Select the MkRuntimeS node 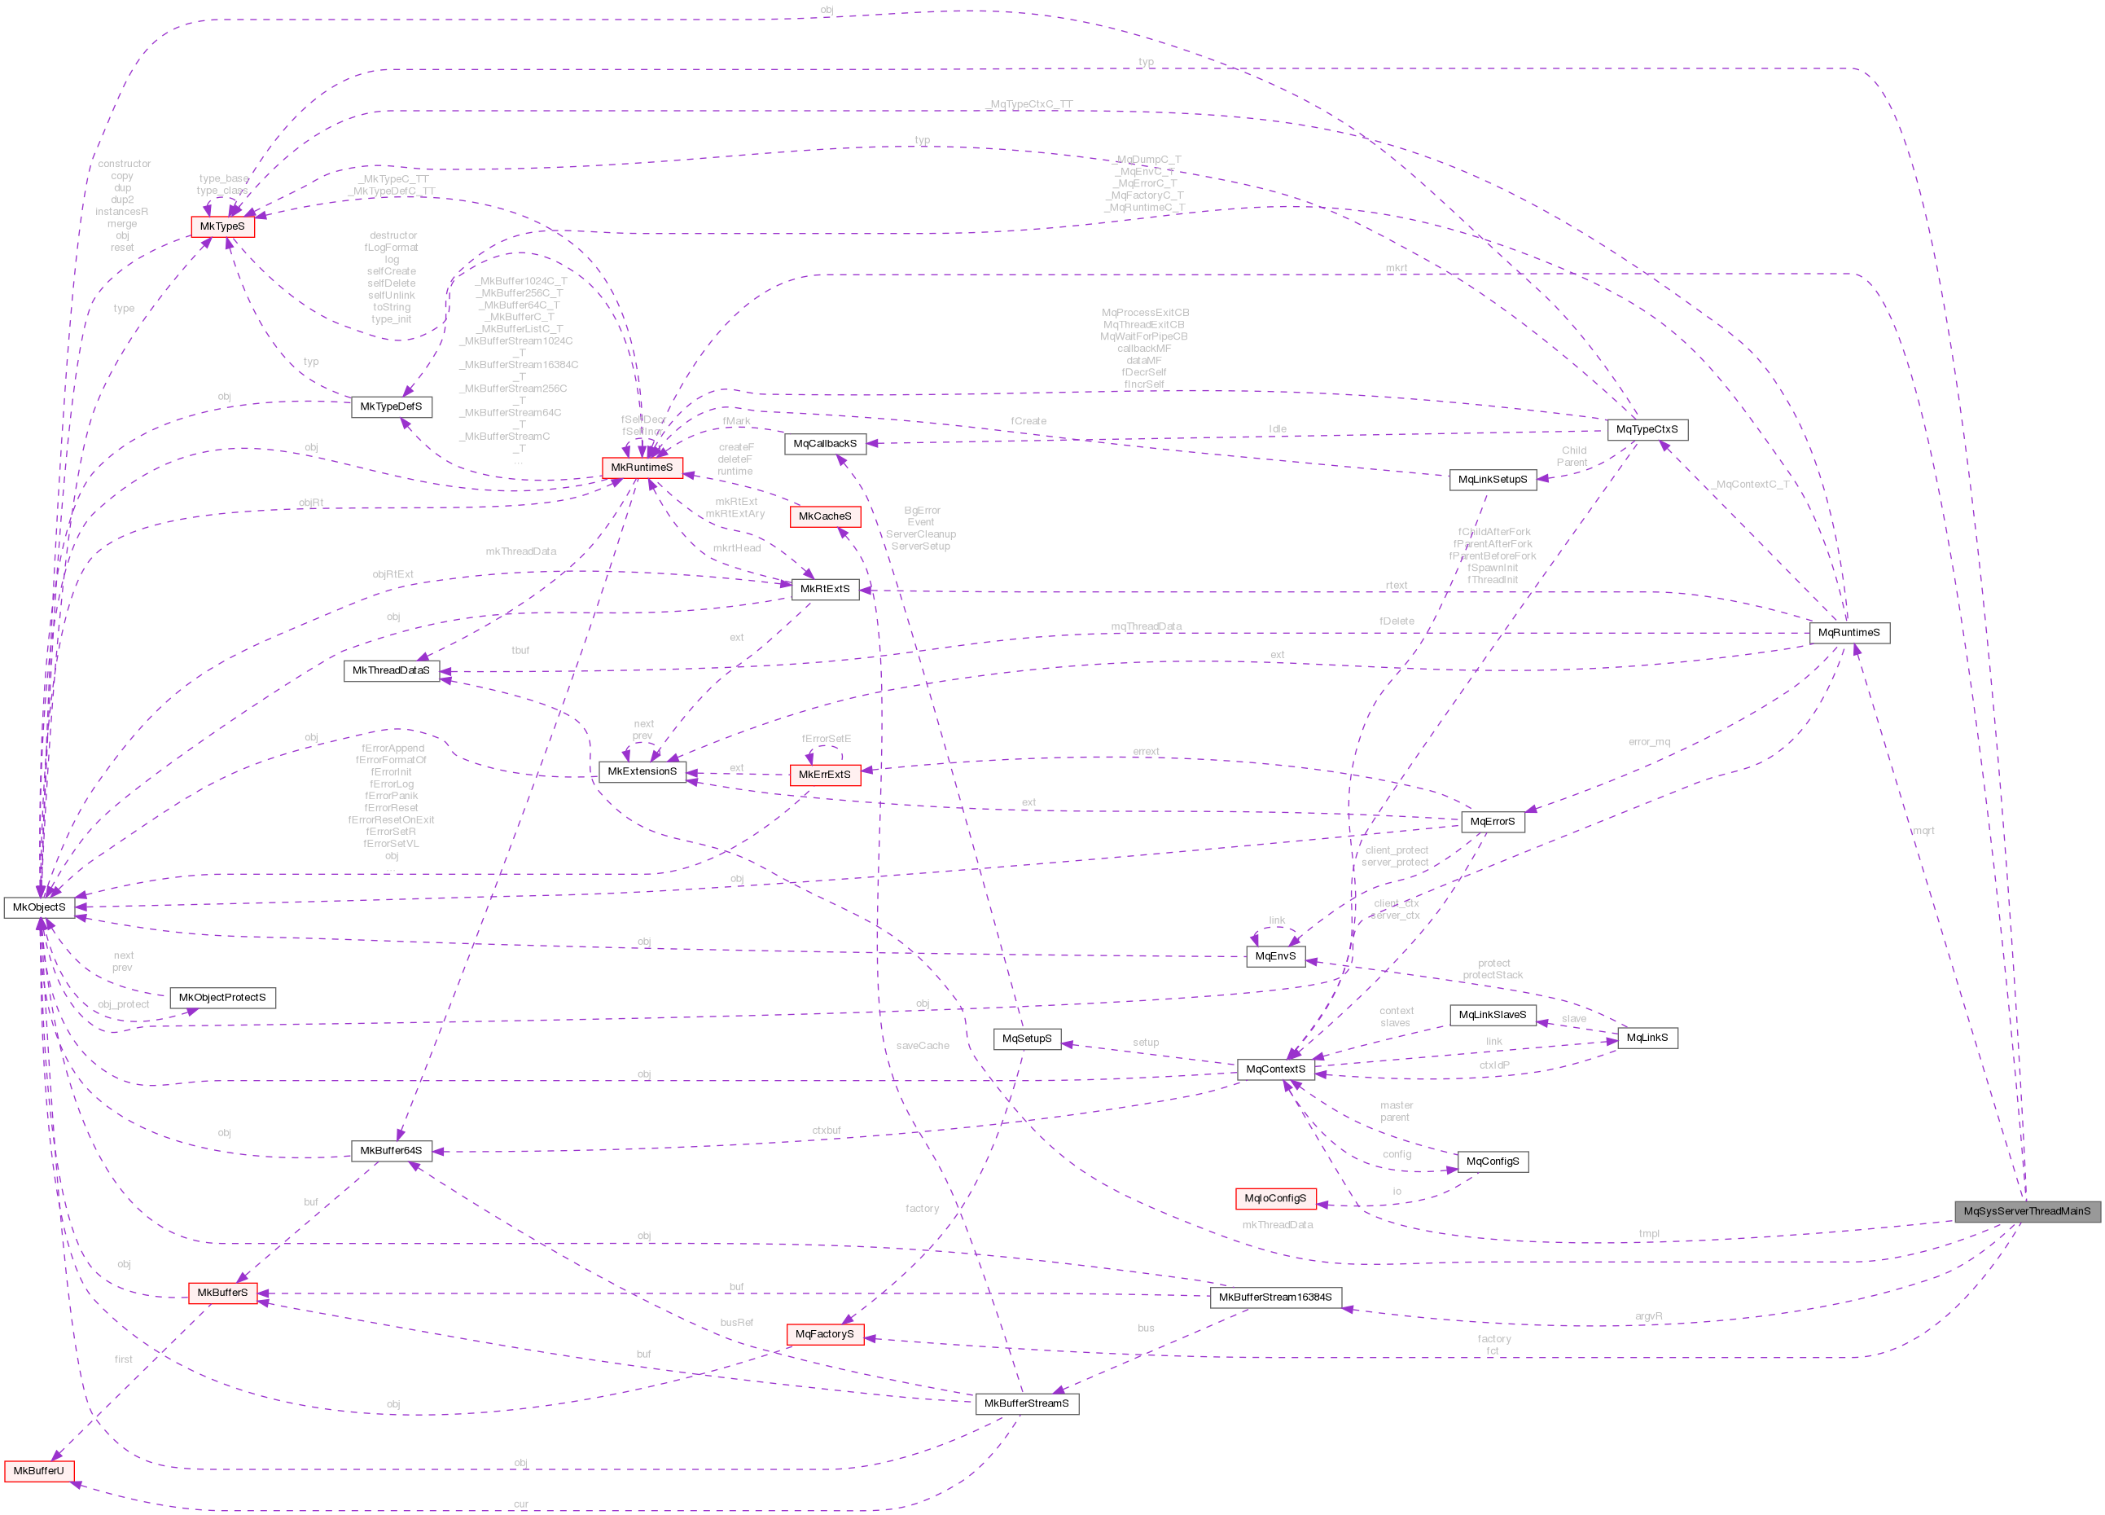pyautogui.click(x=642, y=468)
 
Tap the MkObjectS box pyautogui.click(x=39, y=907)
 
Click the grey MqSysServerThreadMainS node pyautogui.click(x=2026, y=1210)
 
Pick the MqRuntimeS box pyautogui.click(x=1848, y=633)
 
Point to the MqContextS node pyautogui.click(x=1275, y=1069)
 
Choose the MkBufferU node pyautogui.click(x=38, y=1471)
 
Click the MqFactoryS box pyautogui.click(x=824, y=1334)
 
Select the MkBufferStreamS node pyautogui.click(x=1027, y=1403)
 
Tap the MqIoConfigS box pyautogui.click(x=1275, y=1198)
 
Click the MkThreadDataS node pyautogui.click(x=391, y=670)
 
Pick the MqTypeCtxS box pyautogui.click(x=1647, y=430)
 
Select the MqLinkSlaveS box pyautogui.click(x=1492, y=1016)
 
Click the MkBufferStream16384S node pyautogui.click(x=1274, y=1298)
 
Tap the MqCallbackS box pyautogui.click(x=824, y=444)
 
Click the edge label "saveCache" pyautogui.click(x=923, y=1046)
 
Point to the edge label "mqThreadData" pyautogui.click(x=1147, y=626)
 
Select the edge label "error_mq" pyautogui.click(x=1648, y=742)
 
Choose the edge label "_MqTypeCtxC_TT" pyautogui.click(x=1029, y=104)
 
